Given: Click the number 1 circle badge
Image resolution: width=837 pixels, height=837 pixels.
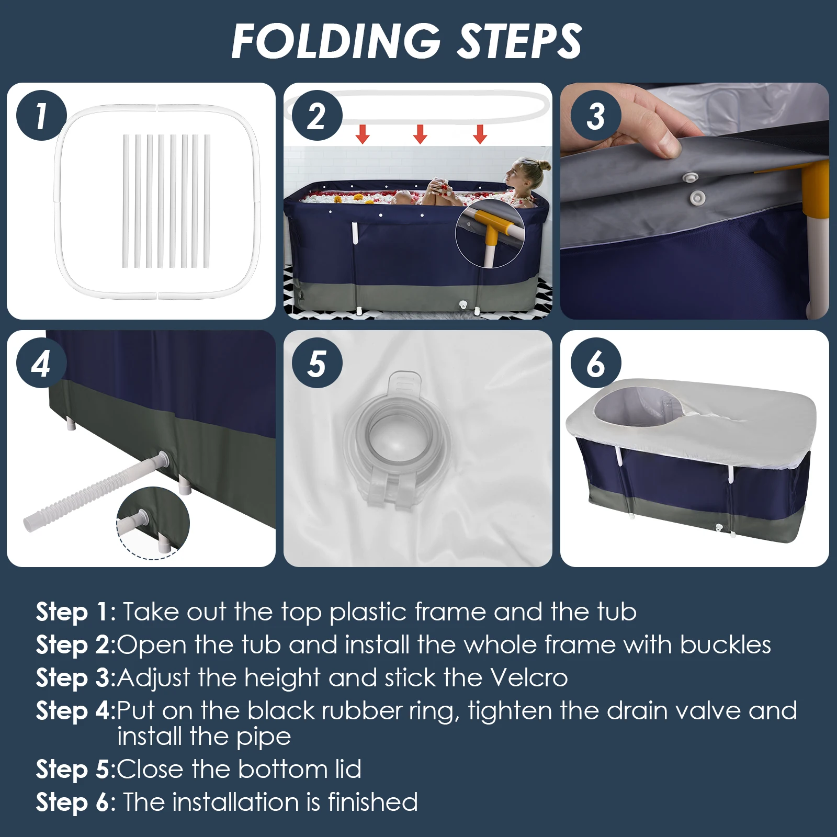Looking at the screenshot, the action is (x=41, y=116).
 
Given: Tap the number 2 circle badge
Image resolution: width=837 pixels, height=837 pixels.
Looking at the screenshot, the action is (x=317, y=116).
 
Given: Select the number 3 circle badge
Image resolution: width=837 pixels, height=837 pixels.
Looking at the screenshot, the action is (x=596, y=116).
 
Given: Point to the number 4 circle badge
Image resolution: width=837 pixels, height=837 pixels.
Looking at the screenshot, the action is (x=41, y=363).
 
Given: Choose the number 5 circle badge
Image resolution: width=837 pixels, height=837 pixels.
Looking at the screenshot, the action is (x=317, y=363).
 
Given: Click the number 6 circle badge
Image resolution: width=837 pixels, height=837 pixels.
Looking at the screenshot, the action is (x=596, y=363).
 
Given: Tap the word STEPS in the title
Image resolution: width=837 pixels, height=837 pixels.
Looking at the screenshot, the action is (x=519, y=41).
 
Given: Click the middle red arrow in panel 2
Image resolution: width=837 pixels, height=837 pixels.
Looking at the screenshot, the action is (x=420, y=134).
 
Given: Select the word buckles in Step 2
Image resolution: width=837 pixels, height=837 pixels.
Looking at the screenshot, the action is (x=726, y=644).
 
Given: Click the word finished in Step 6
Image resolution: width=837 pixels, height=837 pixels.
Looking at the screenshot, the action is (x=372, y=802).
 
